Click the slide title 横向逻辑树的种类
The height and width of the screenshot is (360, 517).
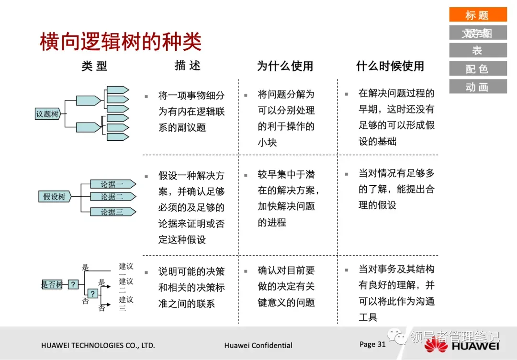point(120,42)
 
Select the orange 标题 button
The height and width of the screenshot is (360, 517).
point(477,15)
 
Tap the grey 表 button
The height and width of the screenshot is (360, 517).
point(477,50)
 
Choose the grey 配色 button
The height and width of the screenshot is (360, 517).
point(477,68)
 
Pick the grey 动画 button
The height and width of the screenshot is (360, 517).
point(477,87)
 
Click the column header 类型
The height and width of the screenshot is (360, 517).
point(94,66)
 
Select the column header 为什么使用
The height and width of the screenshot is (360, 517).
point(285,66)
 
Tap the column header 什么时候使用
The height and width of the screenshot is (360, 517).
point(390,66)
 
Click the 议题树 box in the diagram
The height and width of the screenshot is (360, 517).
point(48,114)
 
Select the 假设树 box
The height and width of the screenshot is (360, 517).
point(54,196)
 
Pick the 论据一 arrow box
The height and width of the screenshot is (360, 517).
point(113,184)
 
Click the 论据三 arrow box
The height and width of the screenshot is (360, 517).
point(113,212)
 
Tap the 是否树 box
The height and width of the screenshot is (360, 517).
point(52,284)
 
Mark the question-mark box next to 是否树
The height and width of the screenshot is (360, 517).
point(73,284)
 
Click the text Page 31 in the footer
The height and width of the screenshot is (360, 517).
point(372,344)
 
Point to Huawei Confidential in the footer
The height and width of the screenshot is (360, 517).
point(258,345)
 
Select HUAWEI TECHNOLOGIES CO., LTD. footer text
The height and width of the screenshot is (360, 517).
point(98,345)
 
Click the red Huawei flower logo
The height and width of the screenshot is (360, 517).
point(435,345)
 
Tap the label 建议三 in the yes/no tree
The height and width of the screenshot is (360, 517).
point(125,304)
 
